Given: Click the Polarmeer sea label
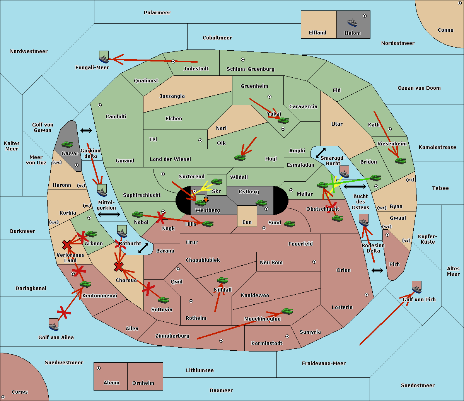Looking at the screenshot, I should point(157,13).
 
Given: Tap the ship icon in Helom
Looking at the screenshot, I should point(352,22).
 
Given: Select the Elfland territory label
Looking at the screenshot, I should point(317,33).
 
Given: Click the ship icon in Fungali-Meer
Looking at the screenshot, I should point(104,57).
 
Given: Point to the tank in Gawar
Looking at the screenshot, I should point(67,144).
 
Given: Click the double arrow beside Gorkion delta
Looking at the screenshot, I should point(86,131).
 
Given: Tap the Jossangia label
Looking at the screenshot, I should point(172,96).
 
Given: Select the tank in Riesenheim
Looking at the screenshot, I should point(401,160).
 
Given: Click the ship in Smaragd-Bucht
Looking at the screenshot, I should point(344,172).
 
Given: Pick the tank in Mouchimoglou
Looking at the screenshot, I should point(287,311).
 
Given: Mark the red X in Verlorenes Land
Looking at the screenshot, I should point(67,244).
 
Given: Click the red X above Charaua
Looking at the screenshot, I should point(118,266).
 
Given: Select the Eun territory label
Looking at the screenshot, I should point(247,222).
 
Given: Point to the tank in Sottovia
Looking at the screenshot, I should point(164,300).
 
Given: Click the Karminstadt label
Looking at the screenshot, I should point(267,343).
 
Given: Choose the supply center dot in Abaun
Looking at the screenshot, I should point(99,368).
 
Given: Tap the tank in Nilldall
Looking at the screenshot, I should point(222,280).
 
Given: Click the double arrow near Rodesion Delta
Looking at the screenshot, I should point(377,270).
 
